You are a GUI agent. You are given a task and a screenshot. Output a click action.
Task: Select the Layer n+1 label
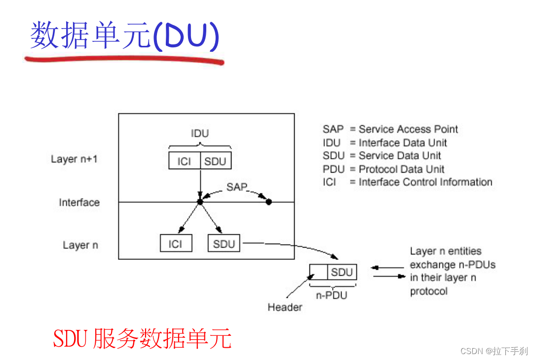click(75, 159)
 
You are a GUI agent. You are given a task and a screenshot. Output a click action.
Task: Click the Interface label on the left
click(79, 203)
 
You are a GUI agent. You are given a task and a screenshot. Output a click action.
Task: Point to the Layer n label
click(80, 245)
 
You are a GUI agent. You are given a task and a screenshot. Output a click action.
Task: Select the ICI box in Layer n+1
click(184, 161)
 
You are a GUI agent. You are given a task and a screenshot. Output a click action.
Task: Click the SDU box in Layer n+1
click(216, 161)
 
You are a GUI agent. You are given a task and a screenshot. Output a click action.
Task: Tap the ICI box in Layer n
click(176, 244)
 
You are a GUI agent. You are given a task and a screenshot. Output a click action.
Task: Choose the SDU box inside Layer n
click(224, 244)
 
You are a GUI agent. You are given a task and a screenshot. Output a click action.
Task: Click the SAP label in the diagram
click(236, 187)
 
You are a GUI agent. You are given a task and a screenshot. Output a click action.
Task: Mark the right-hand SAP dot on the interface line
click(269, 202)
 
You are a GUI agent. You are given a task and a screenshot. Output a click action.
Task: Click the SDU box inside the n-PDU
click(342, 272)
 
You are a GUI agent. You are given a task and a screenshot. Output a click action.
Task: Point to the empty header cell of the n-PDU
click(318, 272)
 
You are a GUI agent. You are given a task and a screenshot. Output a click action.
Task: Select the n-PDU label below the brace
click(331, 295)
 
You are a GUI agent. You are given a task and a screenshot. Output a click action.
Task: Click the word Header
click(285, 307)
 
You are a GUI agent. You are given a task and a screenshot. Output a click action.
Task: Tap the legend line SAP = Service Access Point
click(390, 129)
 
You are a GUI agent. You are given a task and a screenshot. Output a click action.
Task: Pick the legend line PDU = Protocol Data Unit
click(383, 169)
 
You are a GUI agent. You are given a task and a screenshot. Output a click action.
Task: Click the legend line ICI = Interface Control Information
click(407, 182)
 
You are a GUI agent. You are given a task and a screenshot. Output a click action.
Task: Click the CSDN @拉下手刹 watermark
click(494, 351)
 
